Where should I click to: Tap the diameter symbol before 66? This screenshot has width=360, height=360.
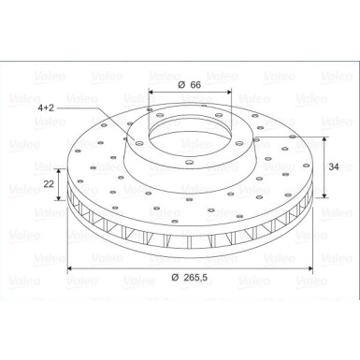tap(178, 85)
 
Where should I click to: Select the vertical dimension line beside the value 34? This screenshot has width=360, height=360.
tap(324, 168)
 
